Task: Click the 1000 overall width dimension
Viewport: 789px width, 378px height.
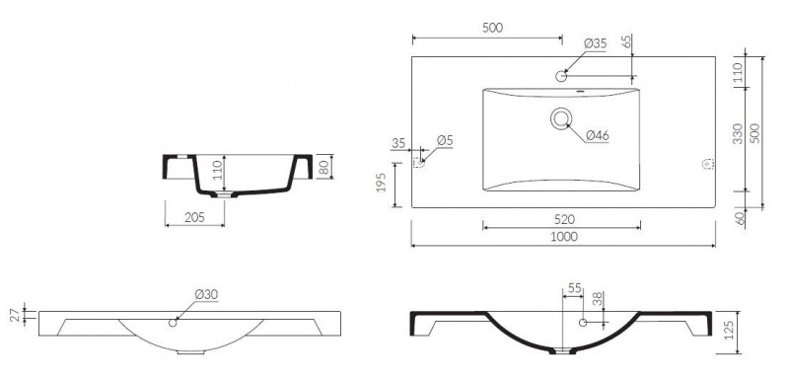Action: (x=564, y=237)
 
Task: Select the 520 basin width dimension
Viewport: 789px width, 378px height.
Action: (x=564, y=219)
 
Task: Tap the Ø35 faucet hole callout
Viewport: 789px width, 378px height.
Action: (x=596, y=43)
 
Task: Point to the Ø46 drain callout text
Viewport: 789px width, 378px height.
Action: (x=598, y=135)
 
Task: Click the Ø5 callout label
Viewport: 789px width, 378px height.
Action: (x=445, y=141)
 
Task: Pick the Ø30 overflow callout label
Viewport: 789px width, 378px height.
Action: (x=206, y=294)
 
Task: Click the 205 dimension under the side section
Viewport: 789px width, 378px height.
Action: (x=194, y=217)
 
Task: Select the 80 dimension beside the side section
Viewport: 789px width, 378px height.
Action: (x=324, y=167)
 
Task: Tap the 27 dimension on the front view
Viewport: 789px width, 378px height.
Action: (x=16, y=316)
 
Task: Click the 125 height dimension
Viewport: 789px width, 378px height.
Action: (x=730, y=330)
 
